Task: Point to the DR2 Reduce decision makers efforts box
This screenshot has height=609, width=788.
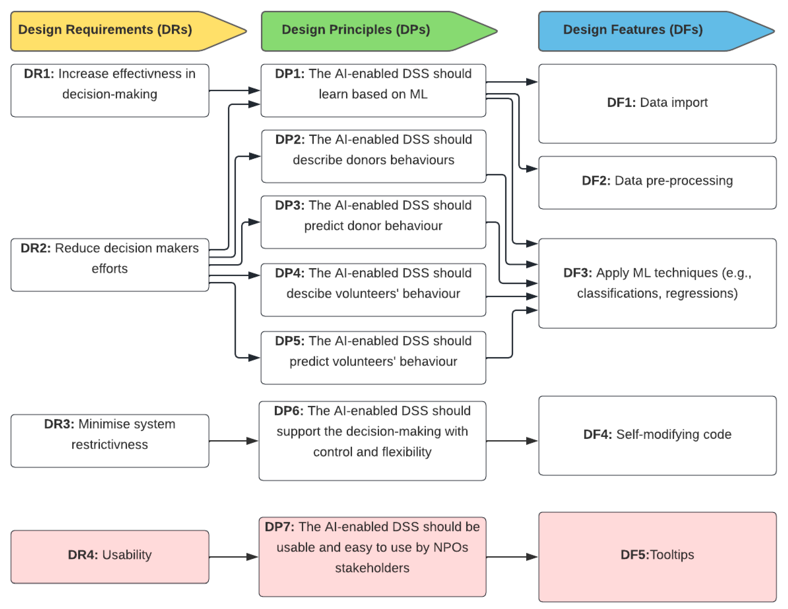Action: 110,264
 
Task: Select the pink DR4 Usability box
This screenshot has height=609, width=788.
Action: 110,557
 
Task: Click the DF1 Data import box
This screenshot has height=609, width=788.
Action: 657,103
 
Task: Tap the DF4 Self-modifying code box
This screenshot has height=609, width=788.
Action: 657,436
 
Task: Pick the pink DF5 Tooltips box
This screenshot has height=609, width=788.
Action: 657,557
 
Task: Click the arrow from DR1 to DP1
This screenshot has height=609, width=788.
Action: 235,90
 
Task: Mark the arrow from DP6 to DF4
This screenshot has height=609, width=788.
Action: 512,441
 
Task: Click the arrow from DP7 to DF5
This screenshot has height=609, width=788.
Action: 512,557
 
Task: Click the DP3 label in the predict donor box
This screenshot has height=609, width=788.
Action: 289,205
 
